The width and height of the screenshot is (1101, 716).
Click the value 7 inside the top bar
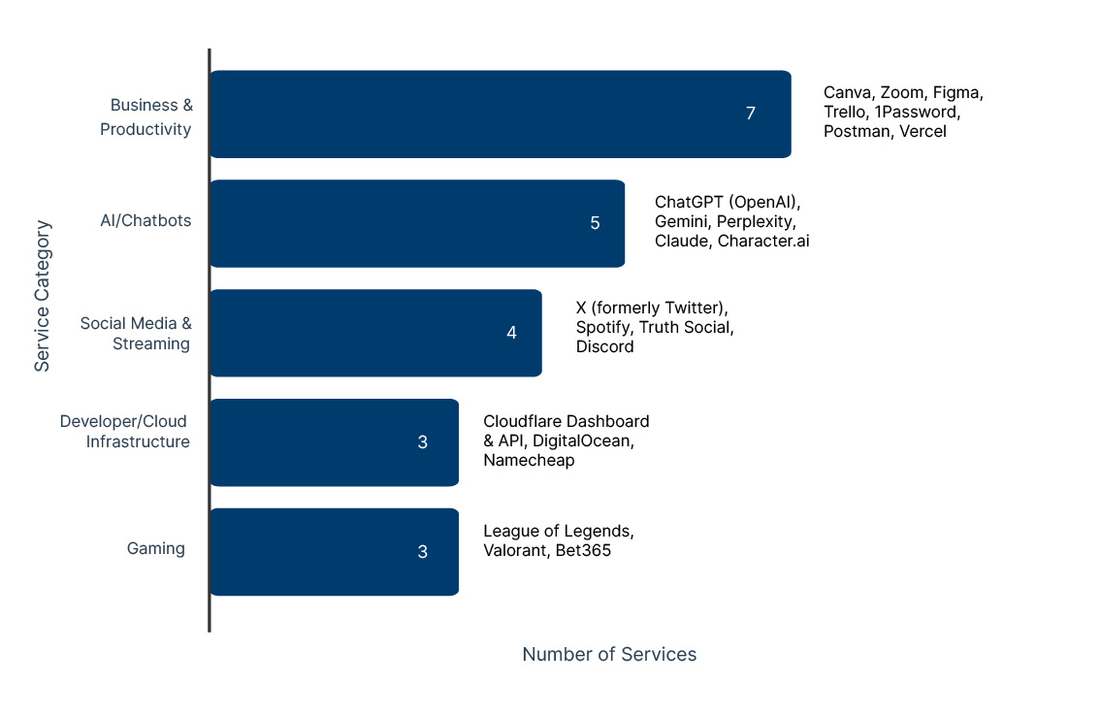(750, 114)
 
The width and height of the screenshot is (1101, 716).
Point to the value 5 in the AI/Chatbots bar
(595, 223)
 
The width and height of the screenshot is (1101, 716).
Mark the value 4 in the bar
(511, 333)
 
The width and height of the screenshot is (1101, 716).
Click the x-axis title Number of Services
(609, 654)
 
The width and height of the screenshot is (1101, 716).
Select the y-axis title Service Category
(42, 296)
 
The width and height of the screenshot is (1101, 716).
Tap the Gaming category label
(155, 548)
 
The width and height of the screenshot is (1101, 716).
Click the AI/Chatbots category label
(146, 220)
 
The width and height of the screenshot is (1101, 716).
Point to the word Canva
(848, 92)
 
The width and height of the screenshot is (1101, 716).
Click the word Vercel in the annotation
(923, 131)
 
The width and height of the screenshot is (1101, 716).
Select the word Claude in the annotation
(681, 241)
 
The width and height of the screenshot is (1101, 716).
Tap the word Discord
(604, 346)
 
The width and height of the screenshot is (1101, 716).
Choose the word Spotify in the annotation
(602, 327)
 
